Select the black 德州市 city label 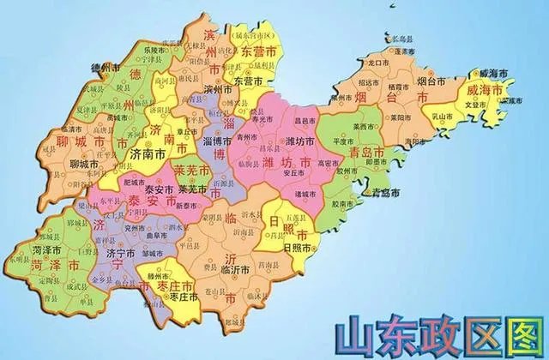[103, 66]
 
